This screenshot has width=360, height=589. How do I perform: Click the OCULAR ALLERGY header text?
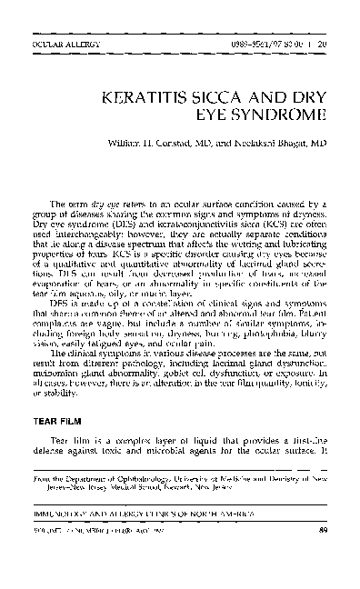click(58, 41)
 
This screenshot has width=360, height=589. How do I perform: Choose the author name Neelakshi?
click(266, 144)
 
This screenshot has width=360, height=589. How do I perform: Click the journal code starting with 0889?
click(254, 41)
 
